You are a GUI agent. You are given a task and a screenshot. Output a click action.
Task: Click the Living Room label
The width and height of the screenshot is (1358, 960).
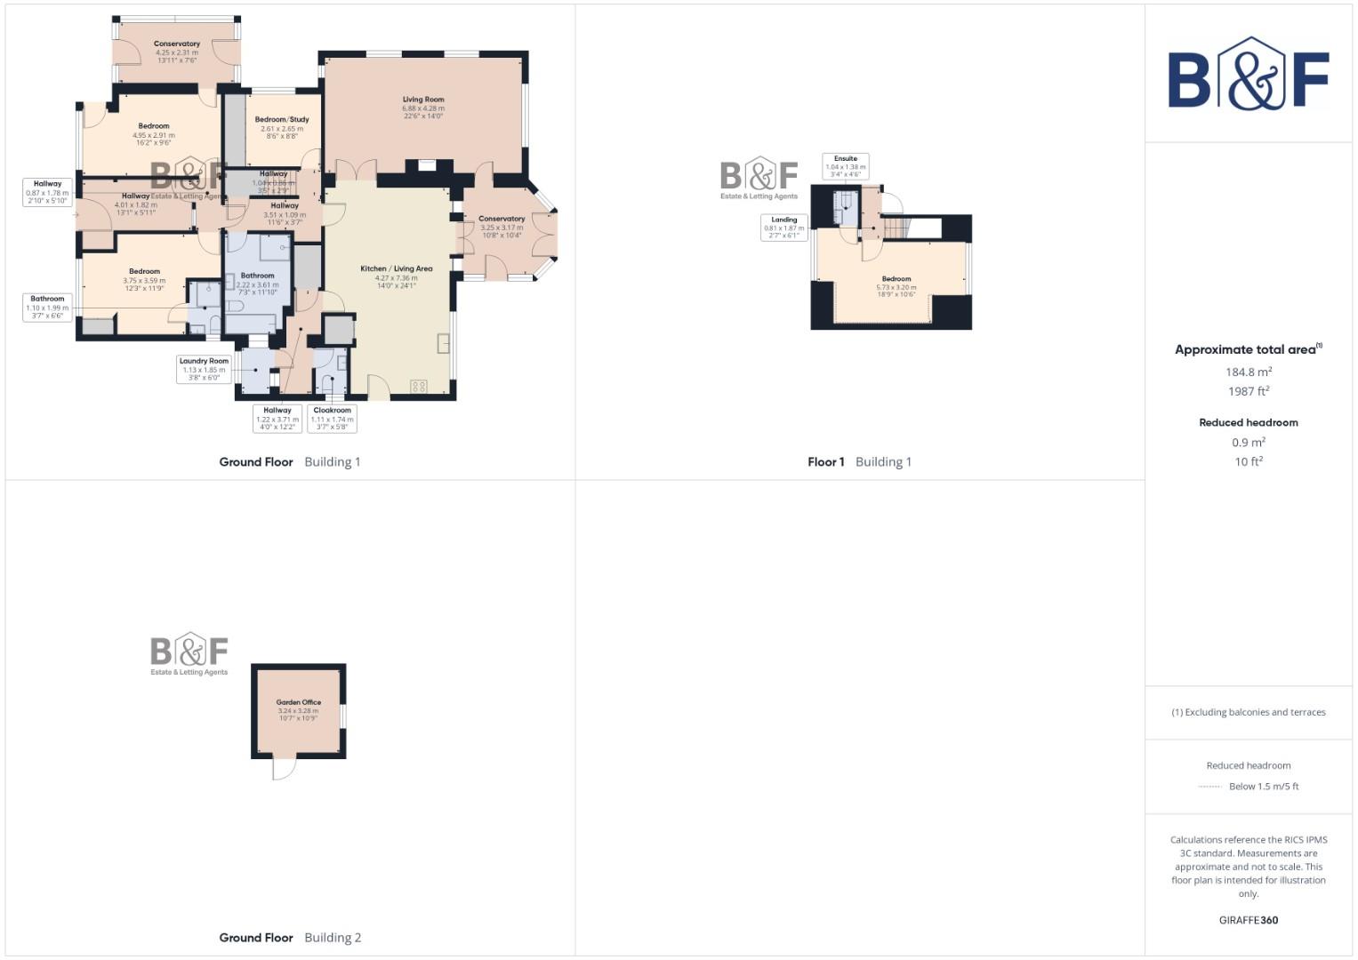pyautogui.click(x=423, y=100)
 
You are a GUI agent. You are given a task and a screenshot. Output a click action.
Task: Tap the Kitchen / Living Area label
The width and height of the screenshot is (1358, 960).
pyautogui.click(x=397, y=268)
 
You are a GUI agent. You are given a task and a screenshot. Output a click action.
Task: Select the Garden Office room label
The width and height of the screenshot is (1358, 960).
pyautogui.click(x=298, y=702)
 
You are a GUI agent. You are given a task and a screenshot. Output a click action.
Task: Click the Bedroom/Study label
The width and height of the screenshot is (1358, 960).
pyautogui.click(x=282, y=119)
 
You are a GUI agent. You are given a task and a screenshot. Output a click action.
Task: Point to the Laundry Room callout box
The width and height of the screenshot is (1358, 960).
pyautogui.click(x=204, y=369)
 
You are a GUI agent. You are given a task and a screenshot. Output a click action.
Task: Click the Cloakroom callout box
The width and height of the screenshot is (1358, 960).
pyautogui.click(x=332, y=419)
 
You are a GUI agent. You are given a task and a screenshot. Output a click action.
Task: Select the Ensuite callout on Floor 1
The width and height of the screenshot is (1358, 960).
pyautogui.click(x=845, y=166)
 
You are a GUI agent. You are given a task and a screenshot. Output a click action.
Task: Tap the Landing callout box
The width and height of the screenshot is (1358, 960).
pyautogui.click(x=783, y=228)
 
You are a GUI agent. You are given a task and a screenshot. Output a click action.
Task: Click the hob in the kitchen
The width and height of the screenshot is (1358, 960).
pyautogui.click(x=419, y=386)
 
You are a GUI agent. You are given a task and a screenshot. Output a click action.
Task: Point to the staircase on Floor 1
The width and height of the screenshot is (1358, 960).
pyautogui.click(x=896, y=228)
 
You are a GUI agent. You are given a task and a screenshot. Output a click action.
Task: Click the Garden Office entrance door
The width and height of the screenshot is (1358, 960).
pyautogui.click(x=283, y=768)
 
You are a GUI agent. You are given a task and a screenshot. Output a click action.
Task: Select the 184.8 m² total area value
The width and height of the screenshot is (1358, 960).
pyautogui.click(x=1248, y=372)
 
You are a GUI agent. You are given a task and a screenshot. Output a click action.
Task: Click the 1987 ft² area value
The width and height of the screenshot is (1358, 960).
pyautogui.click(x=1248, y=391)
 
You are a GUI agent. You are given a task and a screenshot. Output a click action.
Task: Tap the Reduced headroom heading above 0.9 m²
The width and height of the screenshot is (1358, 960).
pyautogui.click(x=1248, y=422)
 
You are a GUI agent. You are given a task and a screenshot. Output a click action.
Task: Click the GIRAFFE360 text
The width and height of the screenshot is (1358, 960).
pyautogui.click(x=1248, y=920)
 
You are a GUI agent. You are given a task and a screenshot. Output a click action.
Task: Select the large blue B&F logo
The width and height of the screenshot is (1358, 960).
pyautogui.click(x=1248, y=75)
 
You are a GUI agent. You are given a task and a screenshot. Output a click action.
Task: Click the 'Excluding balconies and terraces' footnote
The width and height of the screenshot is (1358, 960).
pyautogui.click(x=1248, y=712)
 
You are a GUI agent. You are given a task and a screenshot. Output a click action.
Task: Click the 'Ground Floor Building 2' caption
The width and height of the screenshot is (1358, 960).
pyautogui.click(x=290, y=937)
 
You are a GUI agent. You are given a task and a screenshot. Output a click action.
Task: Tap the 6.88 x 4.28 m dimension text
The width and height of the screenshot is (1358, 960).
pyautogui.click(x=423, y=108)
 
